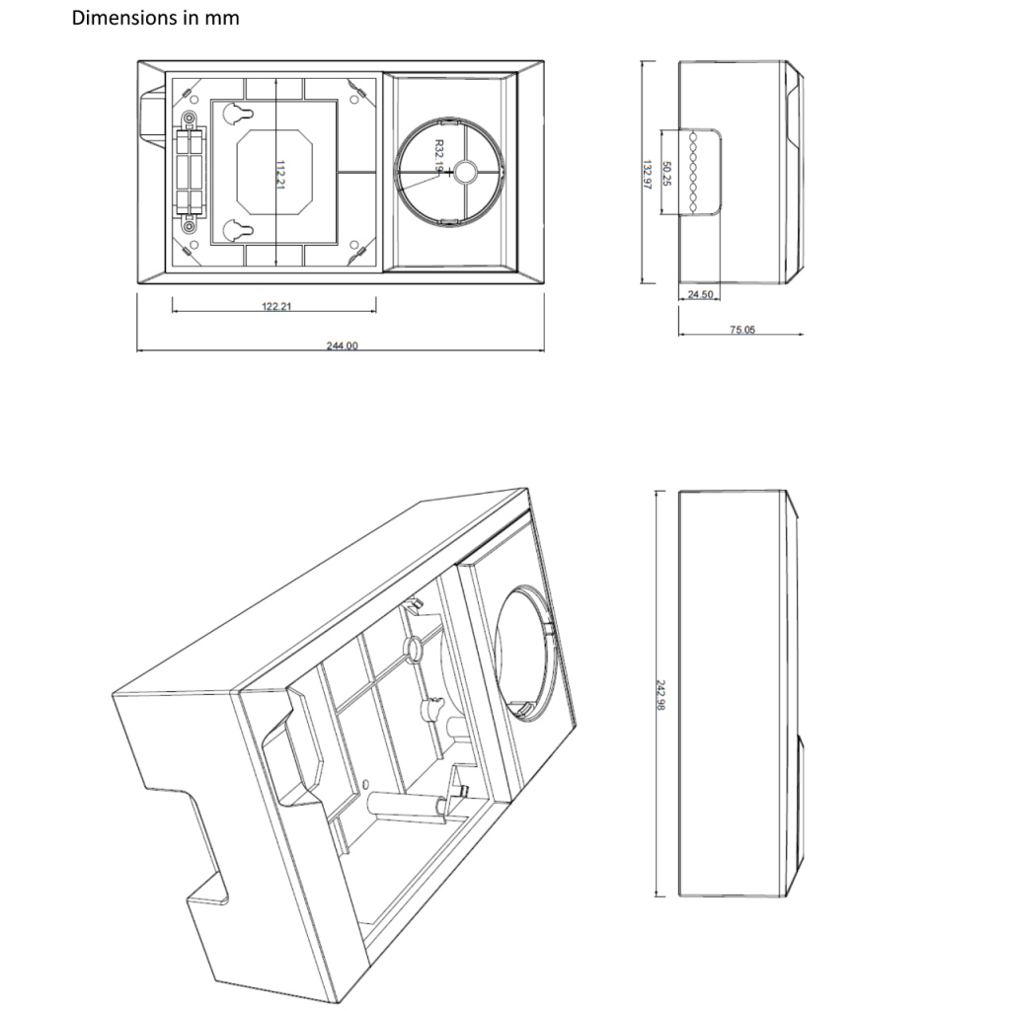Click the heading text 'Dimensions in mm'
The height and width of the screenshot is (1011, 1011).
pos(155,18)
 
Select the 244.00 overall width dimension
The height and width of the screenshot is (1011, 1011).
pos(342,346)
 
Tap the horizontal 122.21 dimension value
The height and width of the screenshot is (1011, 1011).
pos(275,306)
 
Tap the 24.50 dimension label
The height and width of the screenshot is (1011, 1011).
pos(700,294)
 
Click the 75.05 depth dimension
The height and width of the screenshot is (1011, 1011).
pos(741,330)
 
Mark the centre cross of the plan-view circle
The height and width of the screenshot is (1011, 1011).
pos(450,171)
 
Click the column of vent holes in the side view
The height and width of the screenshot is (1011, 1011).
pos(693,172)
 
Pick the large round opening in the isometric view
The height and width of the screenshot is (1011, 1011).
pos(523,647)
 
